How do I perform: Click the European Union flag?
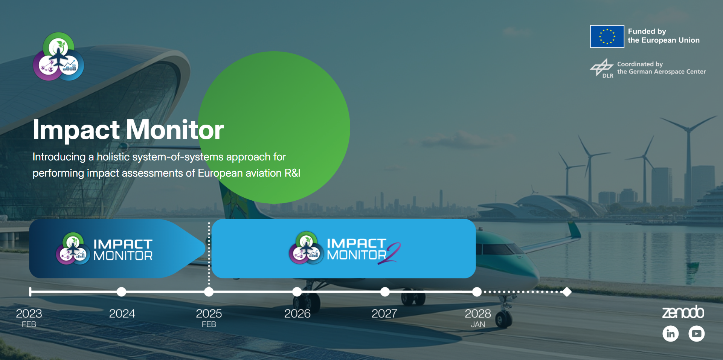[x=607, y=37]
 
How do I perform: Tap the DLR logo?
[x=602, y=68]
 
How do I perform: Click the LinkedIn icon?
[x=670, y=334]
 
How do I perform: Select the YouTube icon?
[x=696, y=334]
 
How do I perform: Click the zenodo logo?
[x=683, y=312]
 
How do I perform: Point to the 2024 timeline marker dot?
[x=121, y=292]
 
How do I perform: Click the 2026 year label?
[x=297, y=314]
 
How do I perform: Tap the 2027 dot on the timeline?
[x=385, y=292]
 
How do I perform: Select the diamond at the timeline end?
[x=567, y=292]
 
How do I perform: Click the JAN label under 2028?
[x=477, y=325]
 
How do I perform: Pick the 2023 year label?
[x=29, y=314]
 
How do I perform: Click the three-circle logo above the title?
[x=58, y=56]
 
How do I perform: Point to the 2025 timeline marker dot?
[x=209, y=292]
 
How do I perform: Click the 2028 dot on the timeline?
[x=477, y=292]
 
